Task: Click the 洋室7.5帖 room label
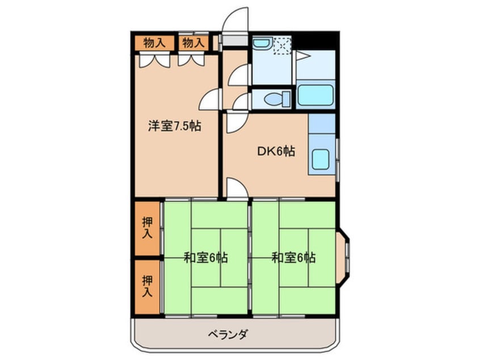pyautogui.click(x=175, y=125)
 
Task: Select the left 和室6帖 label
pyautogui.click(x=205, y=257)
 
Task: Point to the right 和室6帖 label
pyautogui.click(x=293, y=257)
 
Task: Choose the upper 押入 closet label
pyautogui.click(x=148, y=228)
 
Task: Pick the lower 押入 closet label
pyautogui.click(x=148, y=286)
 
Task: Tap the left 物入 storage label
pyautogui.click(x=154, y=42)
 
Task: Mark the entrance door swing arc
pyautogui.click(x=234, y=20)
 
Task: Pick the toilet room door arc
pyautogui.click(x=241, y=101)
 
